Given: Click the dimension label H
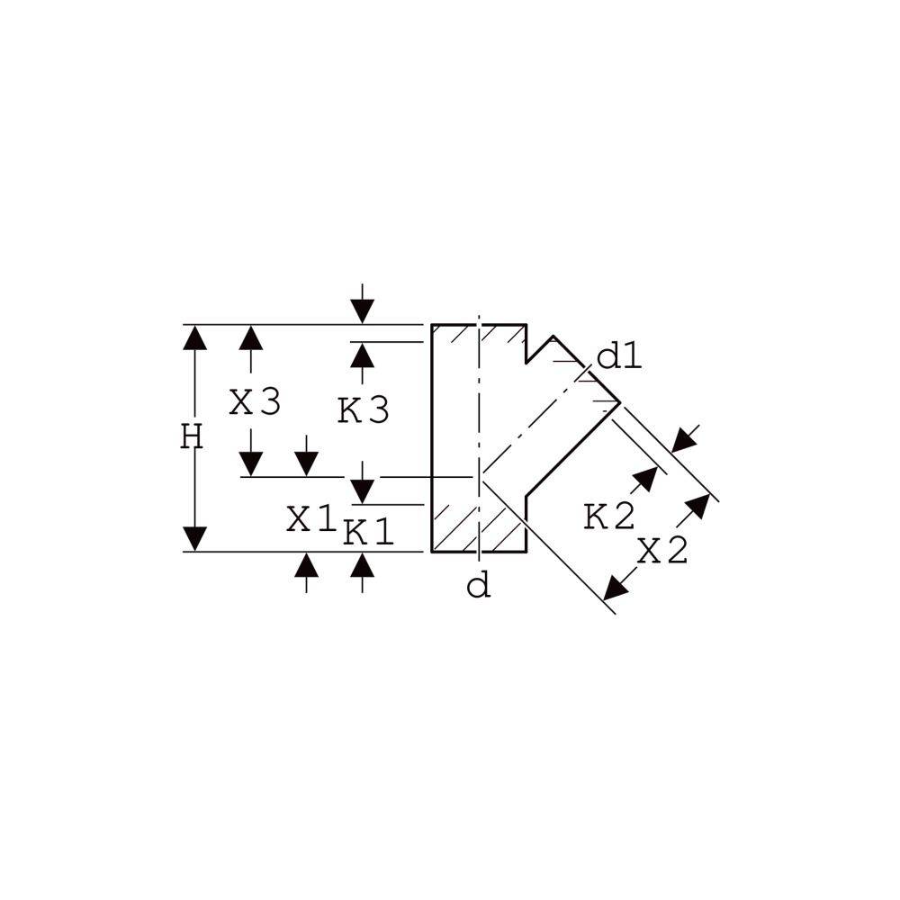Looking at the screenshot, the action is (192, 436).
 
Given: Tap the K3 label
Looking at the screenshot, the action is (364, 411).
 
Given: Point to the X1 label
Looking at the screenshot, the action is (310, 519).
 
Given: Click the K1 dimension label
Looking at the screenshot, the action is (368, 532).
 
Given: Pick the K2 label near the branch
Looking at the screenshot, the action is (609, 516).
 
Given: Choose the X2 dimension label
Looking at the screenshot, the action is (663, 552).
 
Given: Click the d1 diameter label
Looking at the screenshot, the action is (619, 357).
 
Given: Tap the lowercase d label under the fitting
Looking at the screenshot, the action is (479, 587).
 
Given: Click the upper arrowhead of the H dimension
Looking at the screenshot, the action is (195, 337).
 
